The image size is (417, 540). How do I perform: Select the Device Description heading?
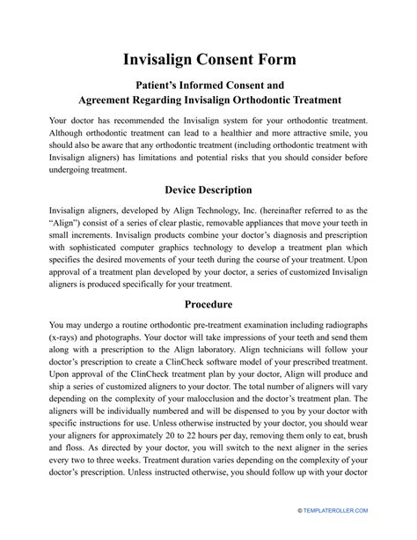(x=208, y=189)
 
